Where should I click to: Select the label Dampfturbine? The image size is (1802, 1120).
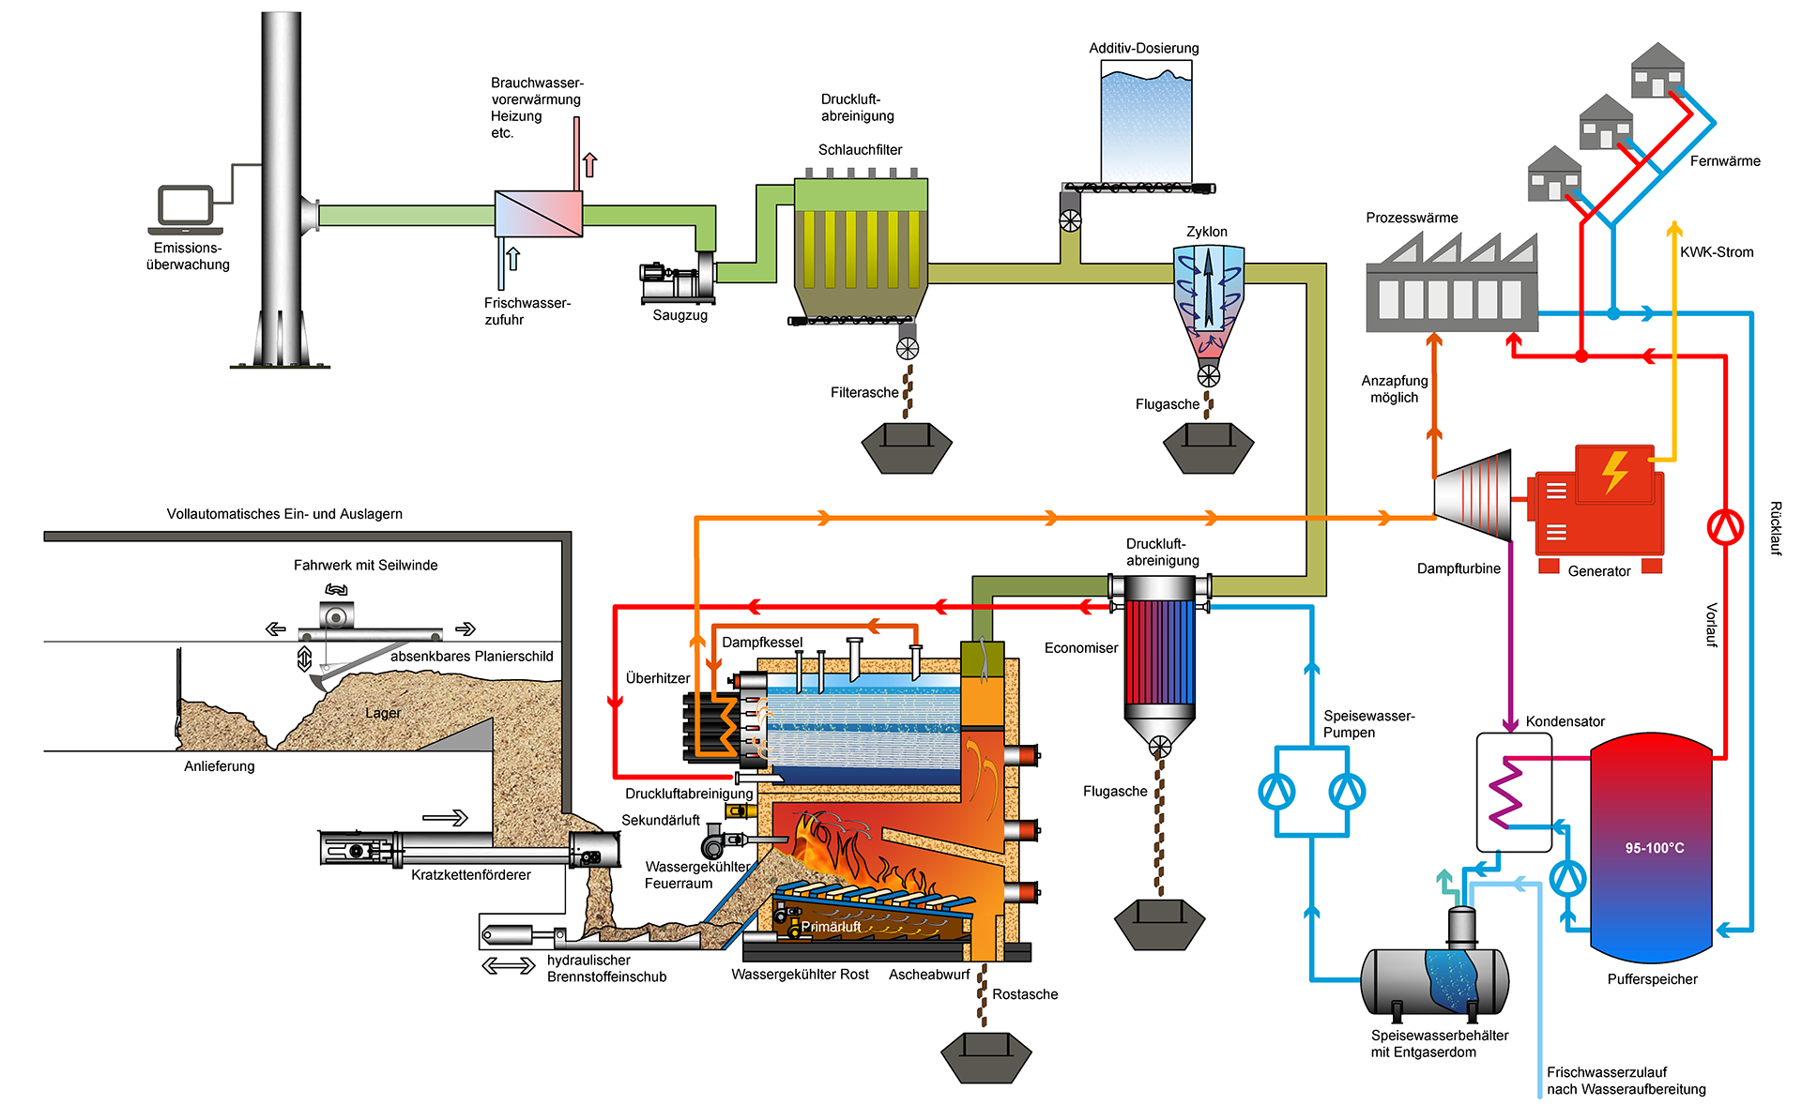pyautogui.click(x=1458, y=568)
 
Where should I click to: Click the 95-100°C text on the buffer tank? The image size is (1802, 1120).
pyautogui.click(x=1655, y=848)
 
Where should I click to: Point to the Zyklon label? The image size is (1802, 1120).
pyautogui.click(x=1206, y=232)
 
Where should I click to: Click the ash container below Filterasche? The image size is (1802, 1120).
pyautogui.click(x=907, y=447)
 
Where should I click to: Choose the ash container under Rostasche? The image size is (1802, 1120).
pyautogui.click(x=985, y=1057)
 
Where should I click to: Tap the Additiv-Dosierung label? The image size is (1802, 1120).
pyautogui.click(x=1143, y=48)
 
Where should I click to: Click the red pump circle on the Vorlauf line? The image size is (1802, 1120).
pyautogui.click(x=1725, y=527)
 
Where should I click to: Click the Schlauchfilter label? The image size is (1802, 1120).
pyautogui.click(x=860, y=150)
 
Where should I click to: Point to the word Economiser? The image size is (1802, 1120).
pyautogui.click(x=1080, y=648)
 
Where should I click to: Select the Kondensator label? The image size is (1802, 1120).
pyautogui.click(x=1565, y=721)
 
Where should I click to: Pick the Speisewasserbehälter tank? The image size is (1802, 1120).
pyautogui.click(x=1434, y=981)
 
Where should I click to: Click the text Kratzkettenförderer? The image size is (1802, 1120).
pyautogui.click(x=470, y=875)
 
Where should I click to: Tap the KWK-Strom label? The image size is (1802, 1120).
pyautogui.click(x=1716, y=252)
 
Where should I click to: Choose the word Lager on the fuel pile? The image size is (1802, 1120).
pyautogui.click(x=382, y=713)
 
